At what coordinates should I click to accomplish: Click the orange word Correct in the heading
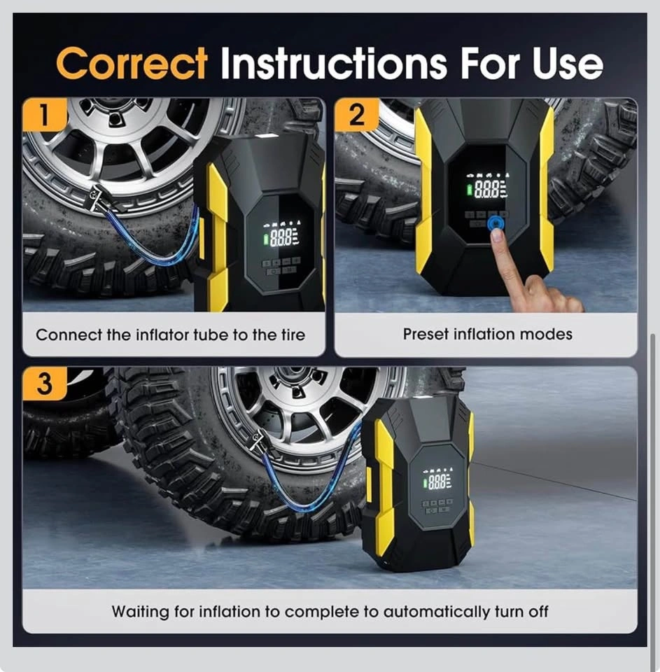coord(132,64)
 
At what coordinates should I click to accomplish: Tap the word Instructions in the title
coord(334,64)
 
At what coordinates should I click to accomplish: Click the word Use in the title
coord(568,64)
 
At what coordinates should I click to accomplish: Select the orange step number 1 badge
coord(45,114)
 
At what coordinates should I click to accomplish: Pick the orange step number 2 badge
coord(356,114)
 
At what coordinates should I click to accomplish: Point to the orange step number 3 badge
coord(45,384)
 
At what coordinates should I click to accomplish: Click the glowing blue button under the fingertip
coord(496,223)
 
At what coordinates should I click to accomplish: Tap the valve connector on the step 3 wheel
coord(257,440)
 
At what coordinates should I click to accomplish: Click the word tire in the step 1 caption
coord(293,335)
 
